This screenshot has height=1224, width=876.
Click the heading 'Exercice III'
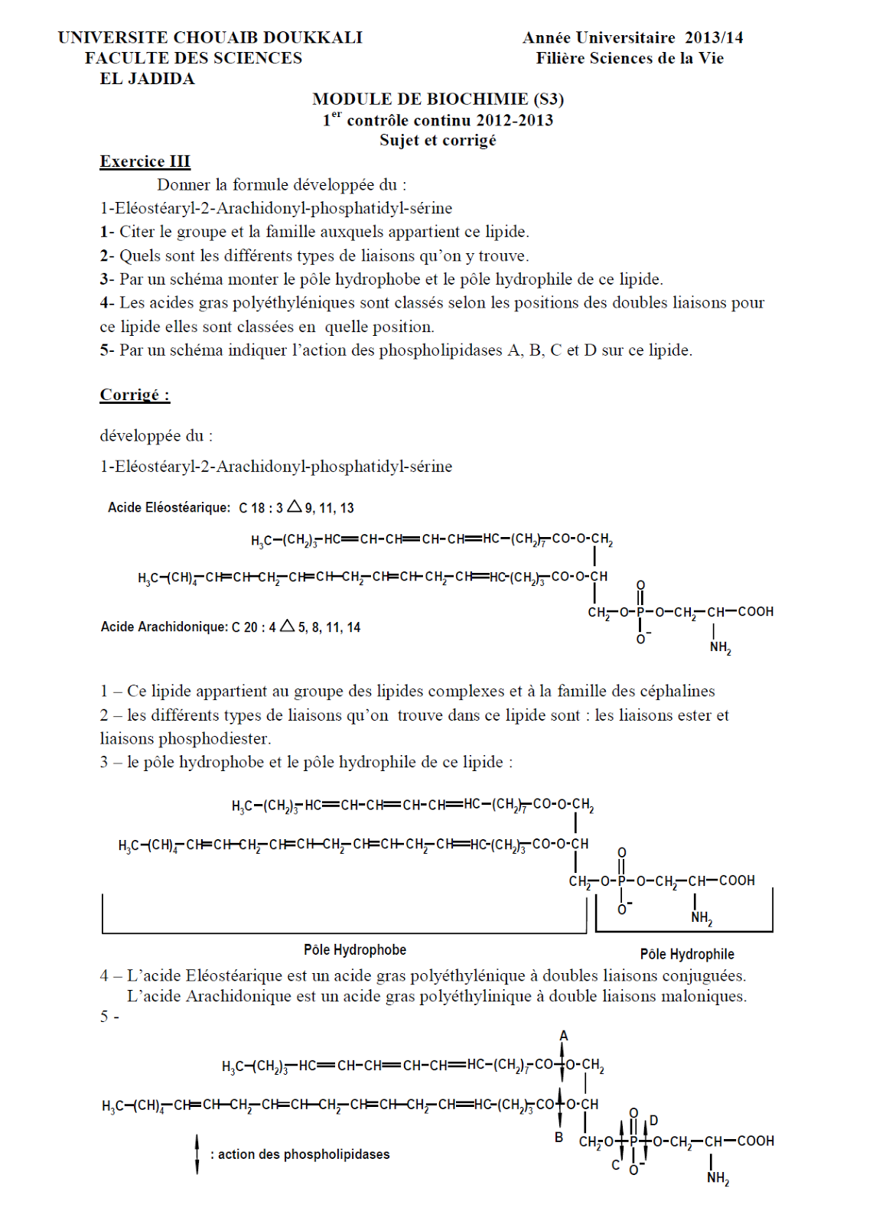click(x=145, y=161)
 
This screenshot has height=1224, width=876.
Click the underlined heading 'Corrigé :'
click(x=135, y=395)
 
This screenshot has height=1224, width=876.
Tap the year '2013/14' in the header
click(x=713, y=37)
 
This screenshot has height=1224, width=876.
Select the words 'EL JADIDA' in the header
click(x=147, y=79)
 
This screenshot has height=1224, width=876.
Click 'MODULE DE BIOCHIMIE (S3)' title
click(x=438, y=99)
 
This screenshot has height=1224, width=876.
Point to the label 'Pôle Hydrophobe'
click(x=355, y=950)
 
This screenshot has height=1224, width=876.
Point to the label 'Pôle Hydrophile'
click(x=686, y=954)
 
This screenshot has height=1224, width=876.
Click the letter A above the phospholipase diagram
click(x=564, y=1036)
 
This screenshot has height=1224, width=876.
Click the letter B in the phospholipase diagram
click(x=558, y=1138)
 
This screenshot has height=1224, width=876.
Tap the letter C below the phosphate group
click(x=616, y=1165)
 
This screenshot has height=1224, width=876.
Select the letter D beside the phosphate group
click(x=653, y=1121)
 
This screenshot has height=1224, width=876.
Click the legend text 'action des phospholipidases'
click(x=304, y=1154)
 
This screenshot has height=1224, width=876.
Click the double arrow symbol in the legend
click(x=197, y=1154)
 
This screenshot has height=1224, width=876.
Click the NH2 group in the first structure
click(x=720, y=647)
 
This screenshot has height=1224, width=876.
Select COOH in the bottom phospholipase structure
click(x=756, y=1141)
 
